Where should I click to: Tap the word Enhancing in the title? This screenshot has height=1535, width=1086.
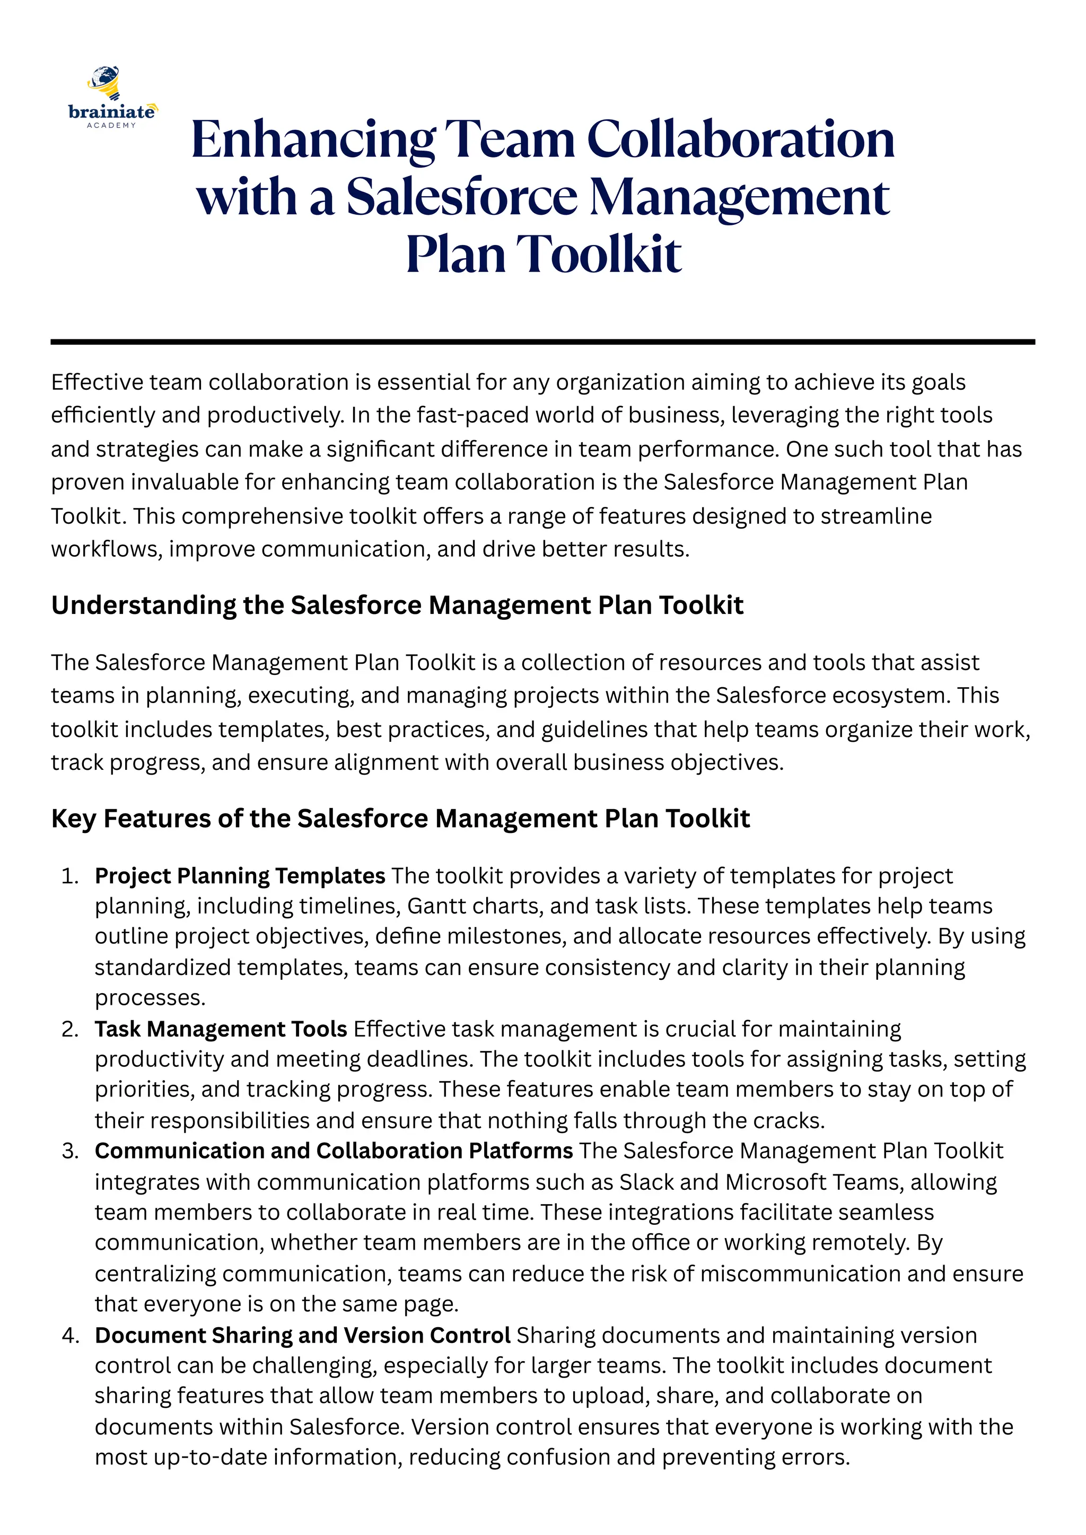tap(313, 140)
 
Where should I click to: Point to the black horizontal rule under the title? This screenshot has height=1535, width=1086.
tap(542, 343)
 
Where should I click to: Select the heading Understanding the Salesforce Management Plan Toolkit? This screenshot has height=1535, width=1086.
tap(397, 605)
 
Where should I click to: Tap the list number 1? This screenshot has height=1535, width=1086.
tap(69, 876)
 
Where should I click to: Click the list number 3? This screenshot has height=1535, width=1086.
tap(69, 1151)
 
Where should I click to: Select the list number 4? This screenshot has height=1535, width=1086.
tap(69, 1335)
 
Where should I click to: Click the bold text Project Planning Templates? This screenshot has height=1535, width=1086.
tap(239, 876)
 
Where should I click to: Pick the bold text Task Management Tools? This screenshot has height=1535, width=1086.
tap(221, 1029)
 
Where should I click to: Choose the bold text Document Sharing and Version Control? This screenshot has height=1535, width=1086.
tap(302, 1335)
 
